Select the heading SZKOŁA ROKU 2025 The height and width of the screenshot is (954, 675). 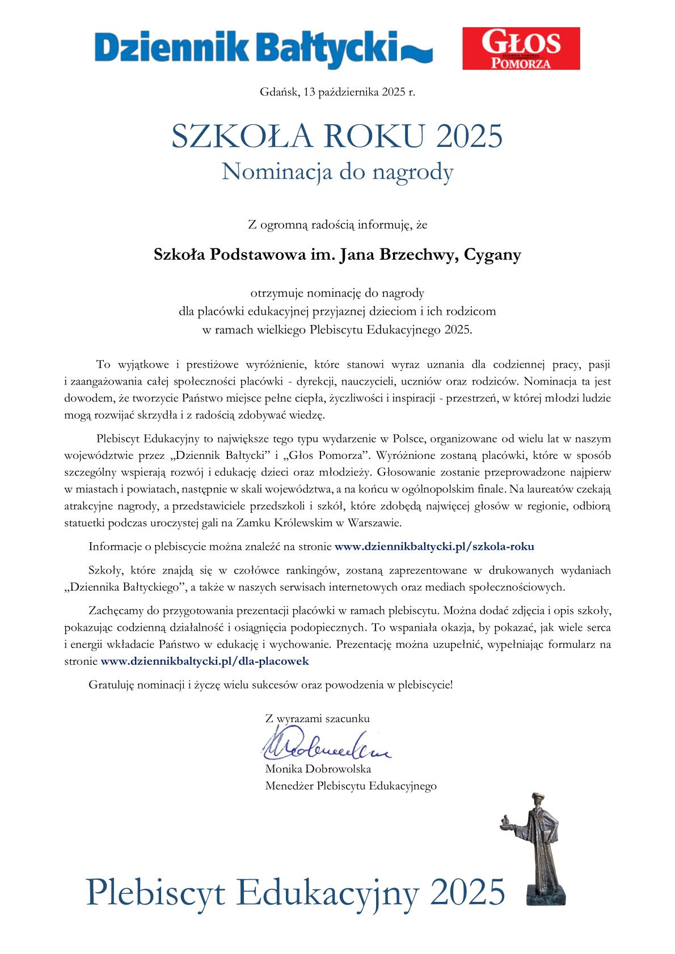click(x=337, y=137)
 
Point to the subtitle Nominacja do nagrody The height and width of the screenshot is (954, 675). click(x=337, y=172)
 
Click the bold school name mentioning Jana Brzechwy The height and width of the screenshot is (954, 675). click(x=337, y=255)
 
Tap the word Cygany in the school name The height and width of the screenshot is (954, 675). click(x=492, y=256)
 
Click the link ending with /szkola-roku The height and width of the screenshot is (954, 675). click(x=434, y=547)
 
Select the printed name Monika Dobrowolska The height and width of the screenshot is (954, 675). click(x=318, y=769)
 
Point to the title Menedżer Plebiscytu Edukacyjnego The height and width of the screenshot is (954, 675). click(x=351, y=786)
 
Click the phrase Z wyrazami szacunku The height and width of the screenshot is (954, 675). click(x=317, y=718)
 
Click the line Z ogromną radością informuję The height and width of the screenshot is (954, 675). click(x=337, y=225)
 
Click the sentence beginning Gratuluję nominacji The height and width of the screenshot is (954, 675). click(x=271, y=685)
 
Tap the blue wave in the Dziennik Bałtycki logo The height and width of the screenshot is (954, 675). click(x=417, y=54)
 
